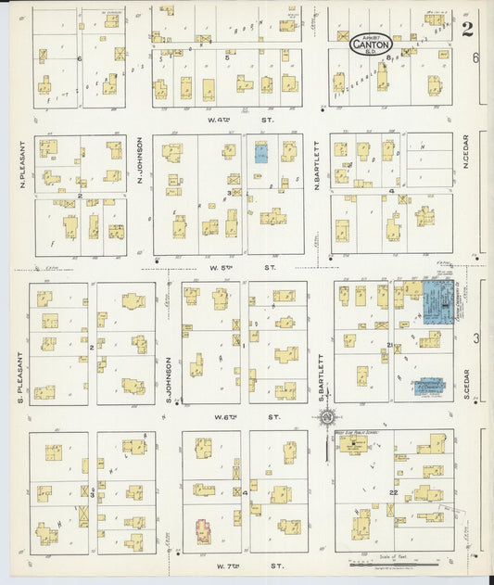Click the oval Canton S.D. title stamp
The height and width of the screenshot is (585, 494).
pyautogui.click(x=372, y=43)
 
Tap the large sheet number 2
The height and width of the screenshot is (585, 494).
pyautogui.click(x=467, y=29)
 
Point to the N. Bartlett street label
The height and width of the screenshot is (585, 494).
pyautogui.click(x=317, y=167)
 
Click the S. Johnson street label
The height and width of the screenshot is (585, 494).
pyautogui.click(x=169, y=378)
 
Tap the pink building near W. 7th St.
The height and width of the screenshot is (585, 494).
pyautogui.click(x=201, y=531)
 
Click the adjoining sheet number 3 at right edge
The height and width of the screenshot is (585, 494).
pyautogui.click(x=476, y=338)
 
